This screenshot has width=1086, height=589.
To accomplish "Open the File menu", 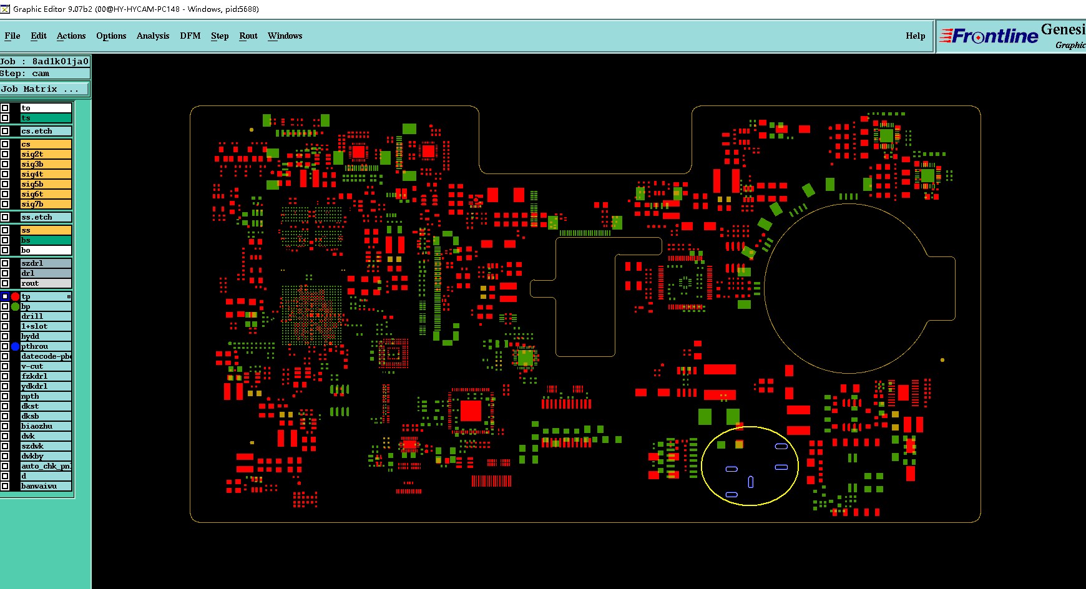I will tap(12, 36).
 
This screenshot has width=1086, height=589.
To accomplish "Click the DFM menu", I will tap(190, 36).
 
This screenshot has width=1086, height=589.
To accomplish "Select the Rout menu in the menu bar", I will tap(248, 36).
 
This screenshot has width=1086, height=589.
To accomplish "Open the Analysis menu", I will tap(153, 36).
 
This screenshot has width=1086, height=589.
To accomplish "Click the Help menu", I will tap(915, 36).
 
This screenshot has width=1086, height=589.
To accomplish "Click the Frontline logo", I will tap(989, 36).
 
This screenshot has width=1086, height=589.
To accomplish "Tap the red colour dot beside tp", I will tap(16, 296).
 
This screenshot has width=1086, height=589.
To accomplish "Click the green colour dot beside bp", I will tap(16, 306).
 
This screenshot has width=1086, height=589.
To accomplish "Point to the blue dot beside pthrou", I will tap(16, 346).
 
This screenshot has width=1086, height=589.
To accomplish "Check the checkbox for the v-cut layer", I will tap(5, 366).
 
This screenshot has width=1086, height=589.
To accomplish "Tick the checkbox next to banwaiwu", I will tap(5, 486).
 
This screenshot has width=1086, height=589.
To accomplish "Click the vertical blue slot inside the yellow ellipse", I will tap(751, 482).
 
